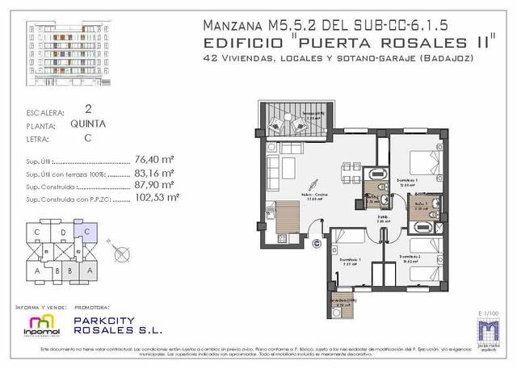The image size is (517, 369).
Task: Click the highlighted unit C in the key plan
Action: (x=87, y=235)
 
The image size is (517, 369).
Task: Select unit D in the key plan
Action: (x=63, y=235)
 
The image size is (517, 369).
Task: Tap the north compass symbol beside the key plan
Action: (x=122, y=251)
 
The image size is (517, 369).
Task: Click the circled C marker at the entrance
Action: (x=317, y=240)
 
